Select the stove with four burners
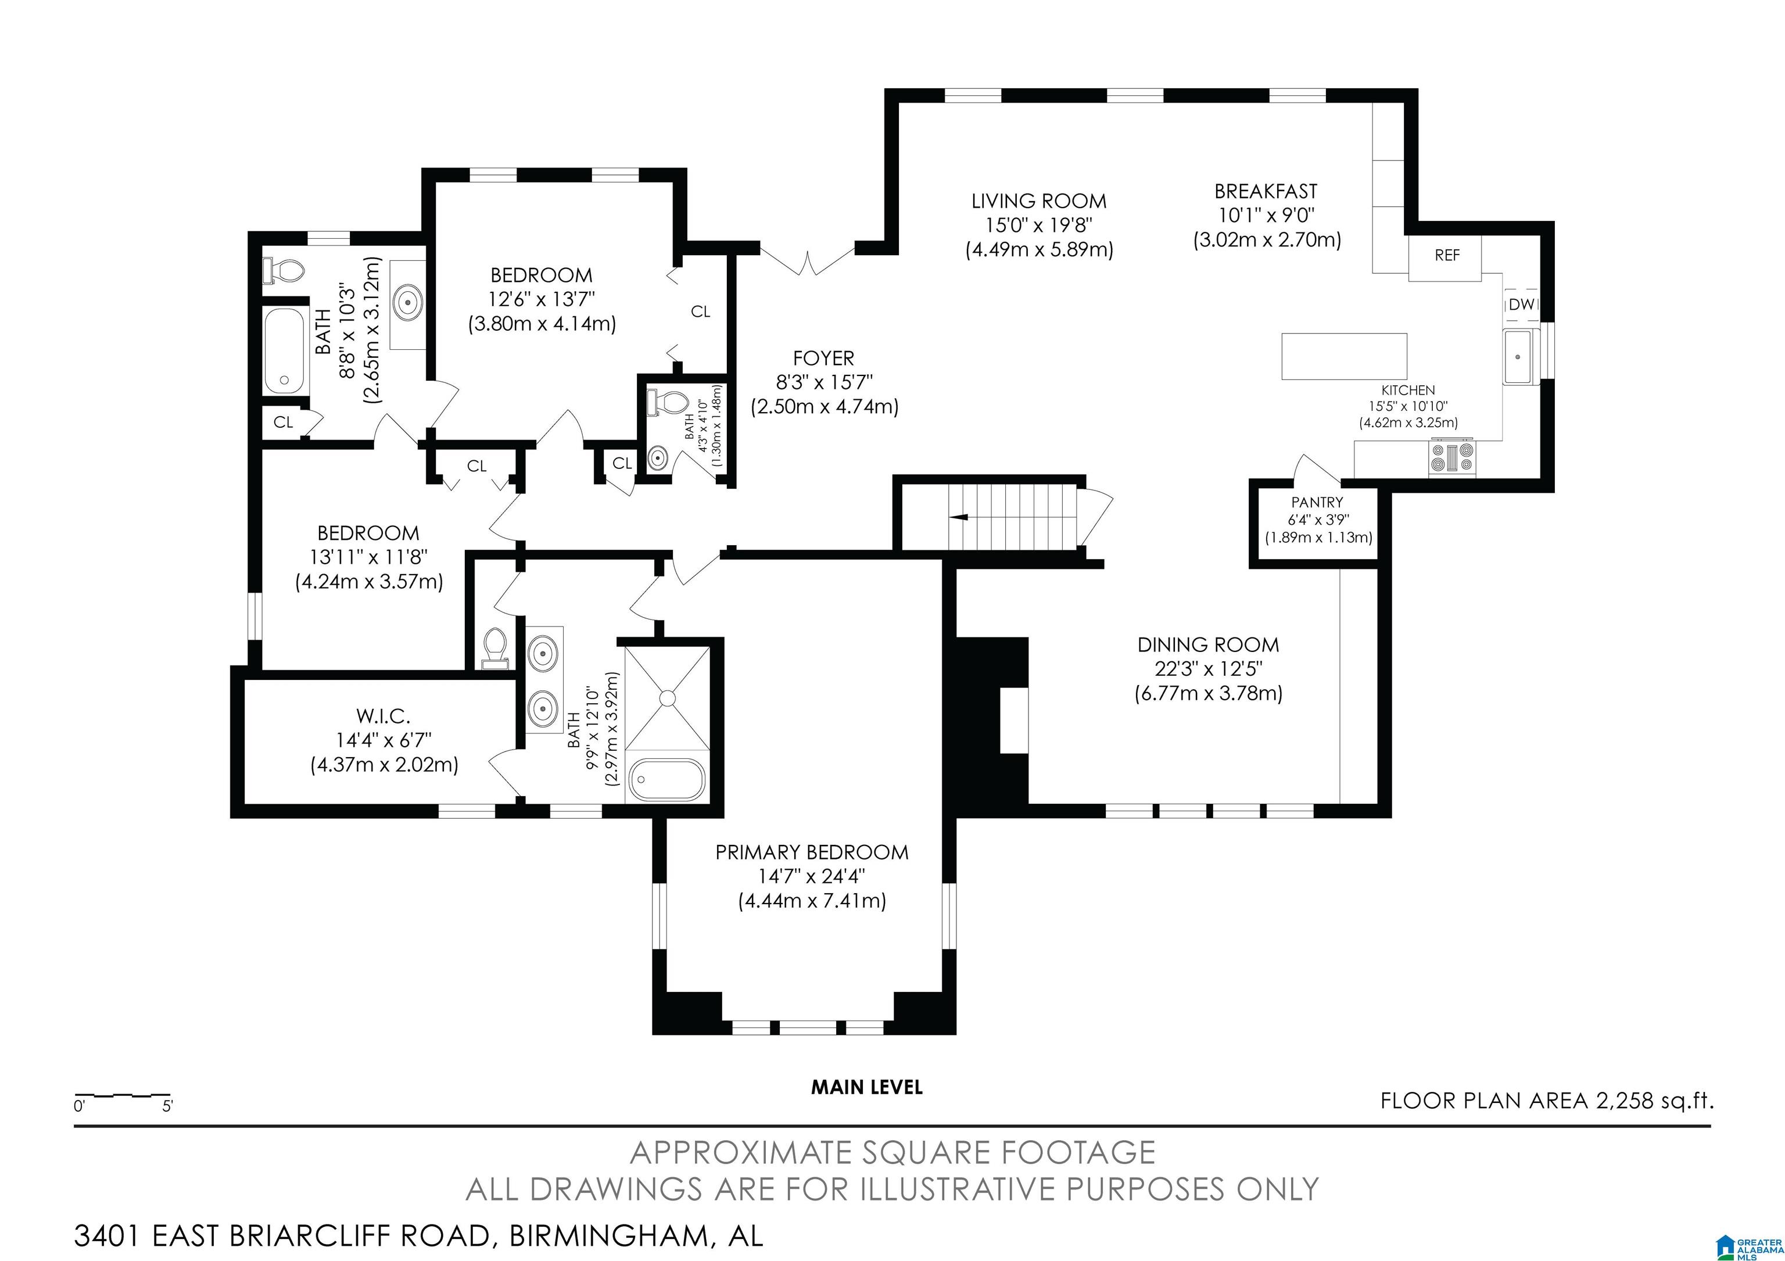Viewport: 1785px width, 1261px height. (1452, 457)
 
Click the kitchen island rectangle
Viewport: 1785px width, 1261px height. (1344, 356)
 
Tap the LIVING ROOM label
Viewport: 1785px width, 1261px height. (1039, 202)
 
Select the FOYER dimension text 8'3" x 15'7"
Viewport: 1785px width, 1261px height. (824, 382)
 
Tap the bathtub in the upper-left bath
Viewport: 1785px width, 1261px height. (285, 352)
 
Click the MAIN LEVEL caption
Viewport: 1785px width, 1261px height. (867, 1087)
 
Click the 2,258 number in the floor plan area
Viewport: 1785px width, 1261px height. (1623, 1101)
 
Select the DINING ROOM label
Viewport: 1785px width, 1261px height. (1208, 644)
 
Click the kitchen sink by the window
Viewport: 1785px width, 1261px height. (1518, 357)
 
